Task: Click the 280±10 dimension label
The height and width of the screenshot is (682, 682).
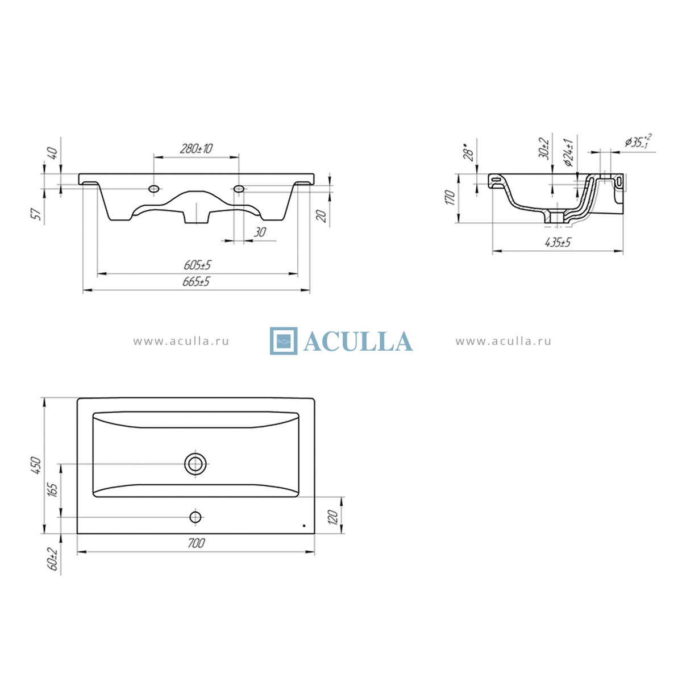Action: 196,149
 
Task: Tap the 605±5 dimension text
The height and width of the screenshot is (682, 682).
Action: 197,265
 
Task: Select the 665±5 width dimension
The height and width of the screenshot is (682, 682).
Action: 196,282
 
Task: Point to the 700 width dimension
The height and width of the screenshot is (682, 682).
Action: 196,543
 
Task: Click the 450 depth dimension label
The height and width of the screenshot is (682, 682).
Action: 36,466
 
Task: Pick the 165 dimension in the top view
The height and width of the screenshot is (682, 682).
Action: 52,490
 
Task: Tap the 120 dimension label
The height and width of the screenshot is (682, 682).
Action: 333,517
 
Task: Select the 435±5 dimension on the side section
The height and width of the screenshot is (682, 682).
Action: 558,243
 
